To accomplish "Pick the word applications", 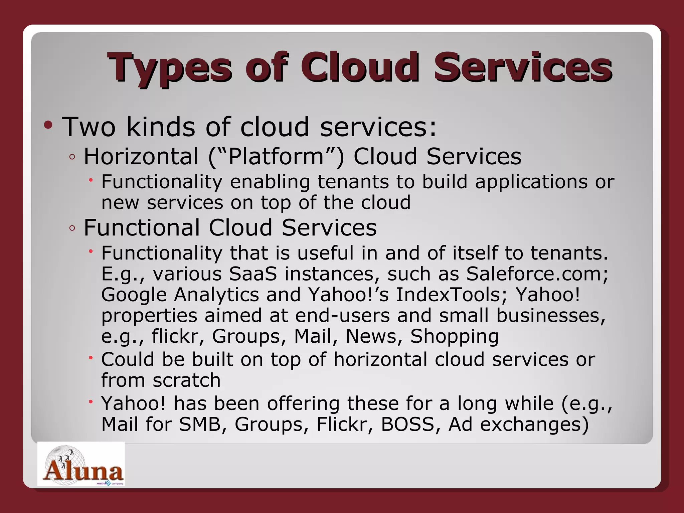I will (x=531, y=182).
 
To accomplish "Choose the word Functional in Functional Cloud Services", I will (x=142, y=228).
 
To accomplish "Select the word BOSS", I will (x=410, y=424).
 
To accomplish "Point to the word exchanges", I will (x=518, y=425).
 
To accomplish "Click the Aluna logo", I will (x=81, y=464).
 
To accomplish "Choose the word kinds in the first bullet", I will (x=160, y=127).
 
